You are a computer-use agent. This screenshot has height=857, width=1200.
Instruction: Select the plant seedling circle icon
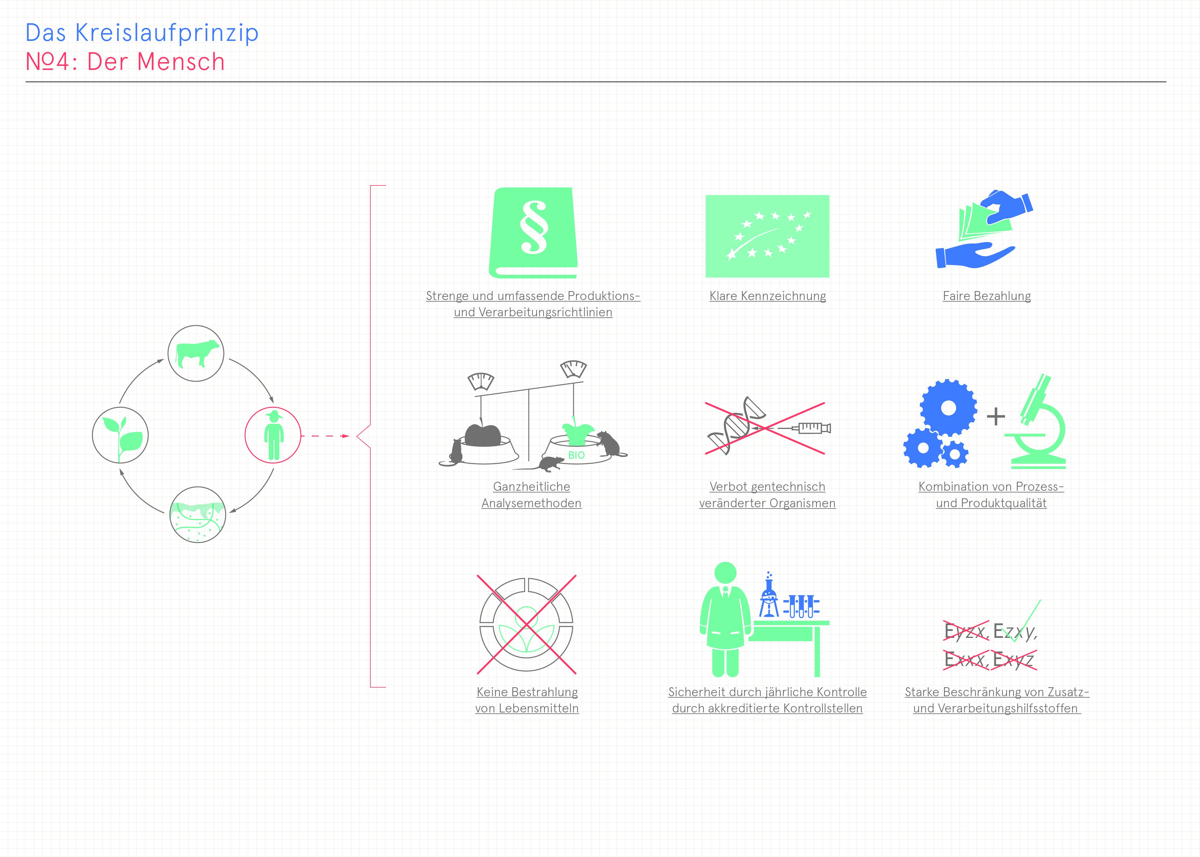120,435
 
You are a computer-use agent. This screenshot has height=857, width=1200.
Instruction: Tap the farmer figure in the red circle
274,435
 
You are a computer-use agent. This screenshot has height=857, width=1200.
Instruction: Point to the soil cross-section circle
198,515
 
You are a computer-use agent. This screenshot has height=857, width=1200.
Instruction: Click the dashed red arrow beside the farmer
326,436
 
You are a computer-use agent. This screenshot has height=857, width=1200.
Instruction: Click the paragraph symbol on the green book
534,228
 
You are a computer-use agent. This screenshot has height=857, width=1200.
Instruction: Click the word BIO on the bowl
576,455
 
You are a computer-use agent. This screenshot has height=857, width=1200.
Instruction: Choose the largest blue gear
948,408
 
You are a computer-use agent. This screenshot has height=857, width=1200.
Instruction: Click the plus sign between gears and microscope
996,416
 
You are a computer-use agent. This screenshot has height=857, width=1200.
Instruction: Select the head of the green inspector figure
725,573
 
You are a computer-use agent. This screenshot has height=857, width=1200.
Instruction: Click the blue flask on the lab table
769,596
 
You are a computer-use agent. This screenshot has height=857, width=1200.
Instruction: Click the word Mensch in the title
181,62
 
